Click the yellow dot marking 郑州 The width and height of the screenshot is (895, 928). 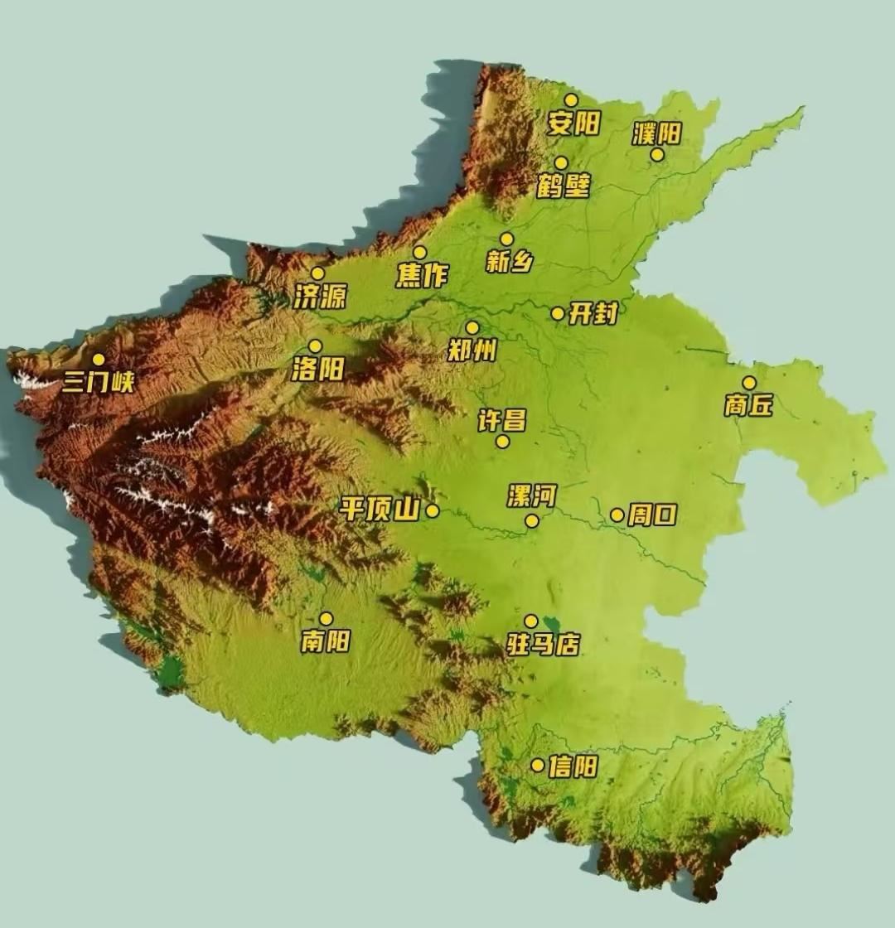pyautogui.click(x=472, y=328)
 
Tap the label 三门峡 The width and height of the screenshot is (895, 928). pyautogui.click(x=98, y=382)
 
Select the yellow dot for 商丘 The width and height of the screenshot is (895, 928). pyautogui.click(x=749, y=383)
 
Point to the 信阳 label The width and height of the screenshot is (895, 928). pyautogui.click(x=573, y=766)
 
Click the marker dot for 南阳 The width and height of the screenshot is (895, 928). pyautogui.click(x=327, y=619)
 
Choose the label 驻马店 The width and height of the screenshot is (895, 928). pyautogui.click(x=543, y=644)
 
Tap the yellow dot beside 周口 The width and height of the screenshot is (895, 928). pyautogui.click(x=617, y=515)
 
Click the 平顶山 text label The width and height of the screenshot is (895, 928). pyautogui.click(x=380, y=510)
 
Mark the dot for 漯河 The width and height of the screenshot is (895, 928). pyautogui.click(x=532, y=521)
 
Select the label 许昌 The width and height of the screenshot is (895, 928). pyautogui.click(x=501, y=421)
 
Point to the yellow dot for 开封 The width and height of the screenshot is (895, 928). pyautogui.click(x=558, y=313)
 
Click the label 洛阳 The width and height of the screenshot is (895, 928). pyautogui.click(x=317, y=369)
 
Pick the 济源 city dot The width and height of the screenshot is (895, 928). pyautogui.click(x=317, y=273)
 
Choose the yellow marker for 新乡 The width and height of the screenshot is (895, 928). pyautogui.click(x=506, y=239)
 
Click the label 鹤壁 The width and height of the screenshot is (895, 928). pyautogui.click(x=564, y=186)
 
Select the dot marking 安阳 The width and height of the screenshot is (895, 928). pyautogui.click(x=571, y=100)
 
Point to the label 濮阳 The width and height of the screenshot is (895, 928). pyautogui.click(x=656, y=133)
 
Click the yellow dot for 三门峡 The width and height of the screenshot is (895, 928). pyautogui.click(x=99, y=360)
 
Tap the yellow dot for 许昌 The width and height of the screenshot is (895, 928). pyautogui.click(x=502, y=442)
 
